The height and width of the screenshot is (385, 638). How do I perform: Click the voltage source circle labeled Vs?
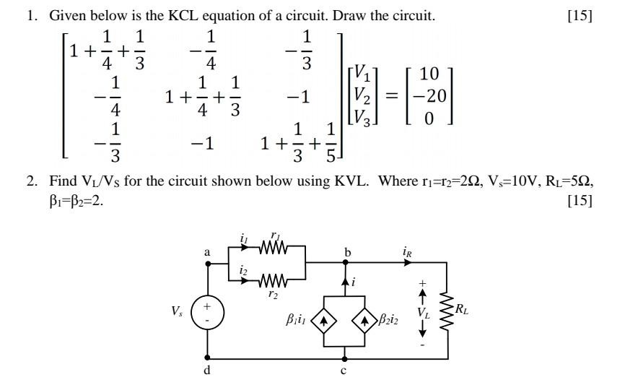click(209, 313)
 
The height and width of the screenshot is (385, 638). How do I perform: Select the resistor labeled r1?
click(274, 247)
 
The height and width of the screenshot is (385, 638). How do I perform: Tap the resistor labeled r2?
click(274, 280)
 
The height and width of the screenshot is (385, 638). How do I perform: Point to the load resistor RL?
click(447, 311)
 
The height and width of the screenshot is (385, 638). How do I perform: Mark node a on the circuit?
click(209, 264)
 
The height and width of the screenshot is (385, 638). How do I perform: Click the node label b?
click(347, 252)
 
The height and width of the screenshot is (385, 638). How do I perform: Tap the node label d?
click(208, 371)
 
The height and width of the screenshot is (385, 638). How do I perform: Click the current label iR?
click(409, 252)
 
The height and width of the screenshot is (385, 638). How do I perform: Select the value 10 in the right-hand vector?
click(429, 73)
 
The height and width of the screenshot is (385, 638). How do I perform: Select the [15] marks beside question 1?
click(580, 16)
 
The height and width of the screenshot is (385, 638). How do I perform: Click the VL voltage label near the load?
click(423, 312)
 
